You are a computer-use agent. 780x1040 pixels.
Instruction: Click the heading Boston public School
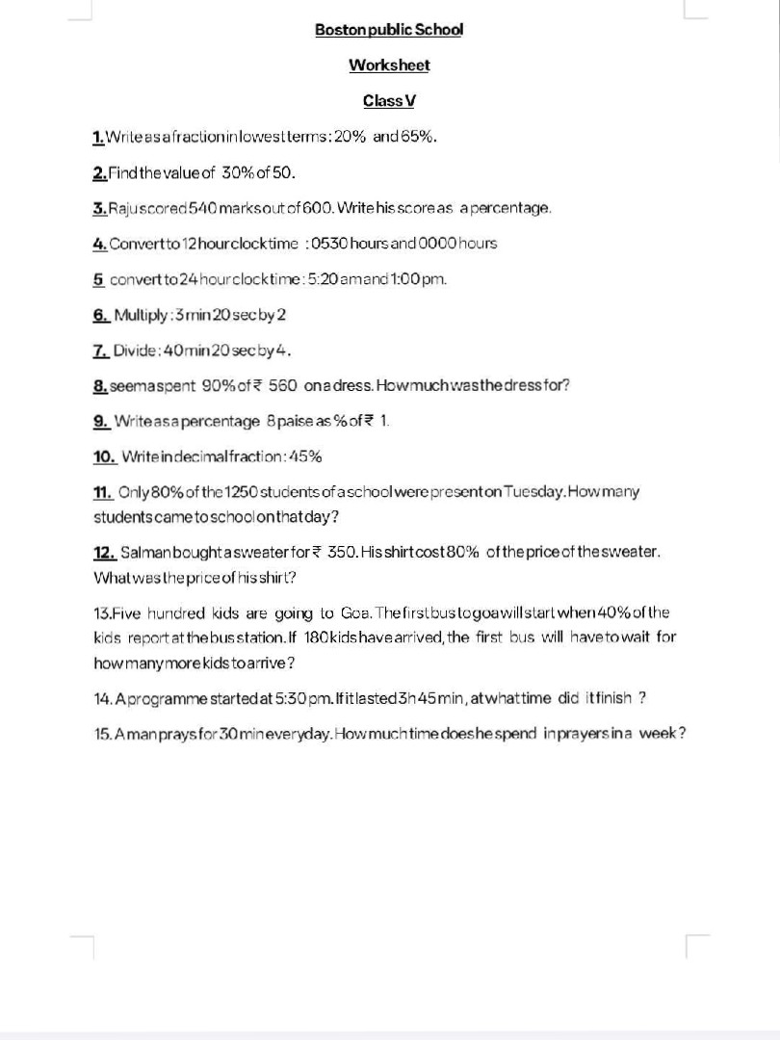coord(389,29)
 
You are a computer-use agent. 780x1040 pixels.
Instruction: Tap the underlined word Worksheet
coord(389,65)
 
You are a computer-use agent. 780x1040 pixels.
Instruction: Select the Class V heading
coord(389,101)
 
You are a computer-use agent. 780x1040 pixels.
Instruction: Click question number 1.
coord(98,137)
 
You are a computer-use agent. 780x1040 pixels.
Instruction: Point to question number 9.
coord(100,421)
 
